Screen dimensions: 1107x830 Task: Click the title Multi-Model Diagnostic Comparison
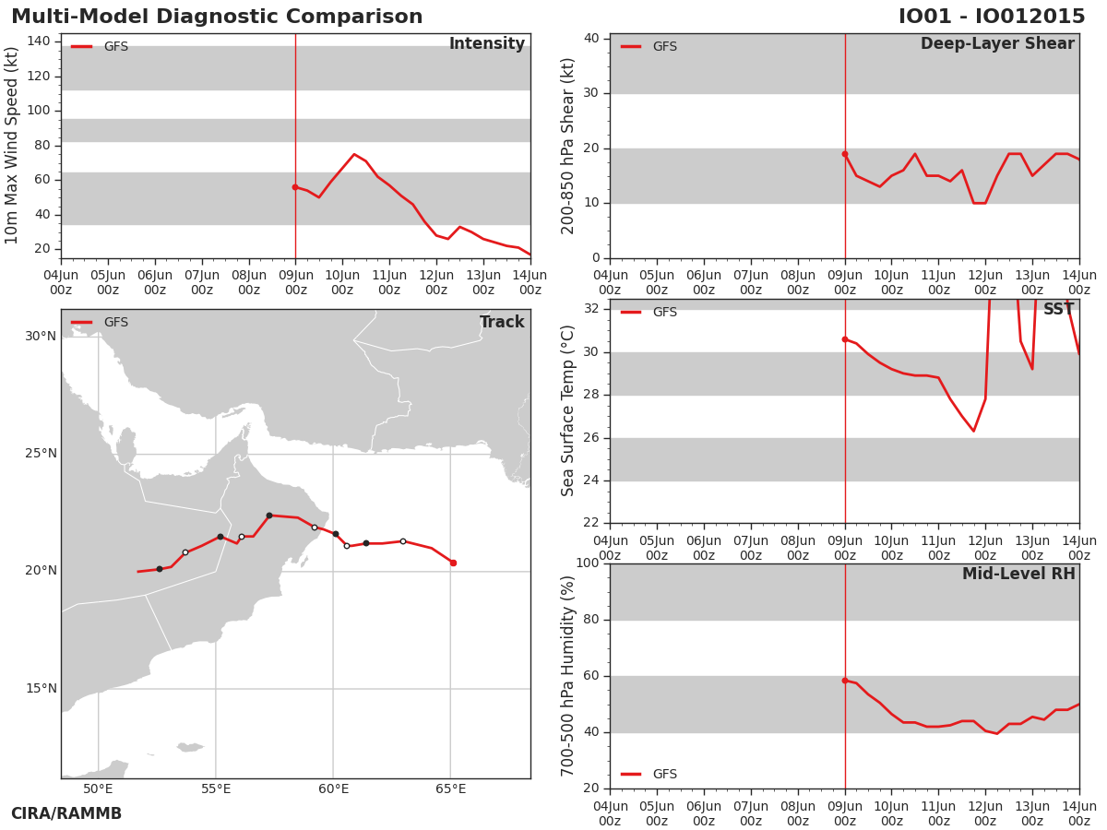217,16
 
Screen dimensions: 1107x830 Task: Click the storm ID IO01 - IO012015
992,16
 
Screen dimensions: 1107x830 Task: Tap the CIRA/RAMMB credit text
66,813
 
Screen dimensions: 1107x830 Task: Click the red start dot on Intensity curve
295,187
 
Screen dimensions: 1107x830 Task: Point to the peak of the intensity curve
354,154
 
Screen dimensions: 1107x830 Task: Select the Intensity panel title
487,43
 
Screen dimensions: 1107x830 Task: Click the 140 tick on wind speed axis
39,41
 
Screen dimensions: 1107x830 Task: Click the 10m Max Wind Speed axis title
10,145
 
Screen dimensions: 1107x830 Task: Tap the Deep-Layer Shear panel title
997,43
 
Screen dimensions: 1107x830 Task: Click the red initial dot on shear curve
845,154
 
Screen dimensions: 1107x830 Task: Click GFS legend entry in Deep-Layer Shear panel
649,46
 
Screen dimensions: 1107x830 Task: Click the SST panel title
1058,309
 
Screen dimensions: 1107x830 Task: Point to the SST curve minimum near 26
973,431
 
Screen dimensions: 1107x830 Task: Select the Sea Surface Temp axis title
567,410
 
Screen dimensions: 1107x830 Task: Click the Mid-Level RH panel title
1018,574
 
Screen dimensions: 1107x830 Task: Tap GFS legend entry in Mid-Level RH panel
649,774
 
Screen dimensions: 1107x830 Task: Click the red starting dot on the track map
453,563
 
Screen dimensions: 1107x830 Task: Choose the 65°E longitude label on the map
450,788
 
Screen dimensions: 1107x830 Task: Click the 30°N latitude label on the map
41,336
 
